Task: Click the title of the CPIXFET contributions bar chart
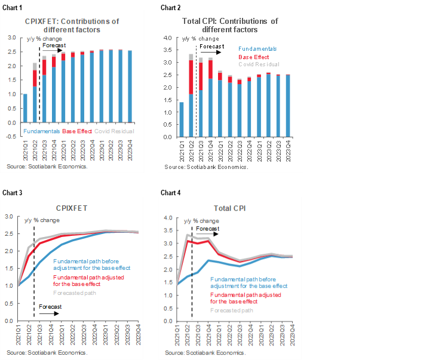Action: pos(72,25)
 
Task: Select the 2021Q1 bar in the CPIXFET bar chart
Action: pos(25,108)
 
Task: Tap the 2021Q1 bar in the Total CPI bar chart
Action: pos(181,119)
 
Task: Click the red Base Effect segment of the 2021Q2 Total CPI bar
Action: pos(191,76)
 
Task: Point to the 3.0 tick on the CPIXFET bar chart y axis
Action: pos(11,37)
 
